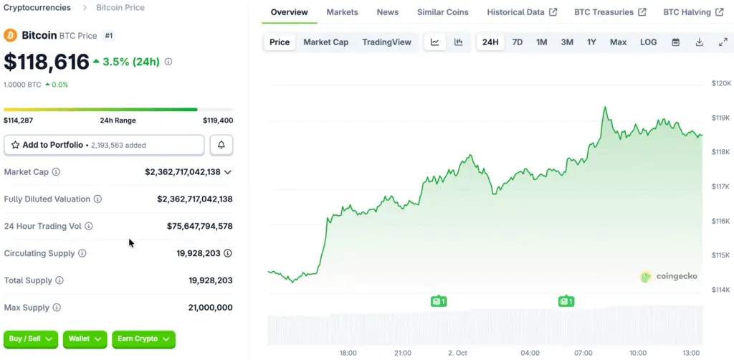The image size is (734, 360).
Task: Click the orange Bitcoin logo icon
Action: tap(10, 35)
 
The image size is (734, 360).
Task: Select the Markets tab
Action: tap(342, 12)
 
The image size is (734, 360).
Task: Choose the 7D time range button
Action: tap(517, 42)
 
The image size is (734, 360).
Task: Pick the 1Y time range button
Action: tap(591, 42)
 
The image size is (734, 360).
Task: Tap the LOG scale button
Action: tap(648, 42)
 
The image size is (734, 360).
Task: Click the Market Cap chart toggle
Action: tap(325, 42)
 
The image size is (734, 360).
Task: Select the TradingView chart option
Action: tap(386, 42)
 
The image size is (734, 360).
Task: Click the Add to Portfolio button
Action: tap(104, 145)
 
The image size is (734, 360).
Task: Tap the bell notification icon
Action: tap(221, 145)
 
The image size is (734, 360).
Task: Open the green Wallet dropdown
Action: tap(84, 338)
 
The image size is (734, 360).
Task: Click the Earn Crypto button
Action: tap(143, 338)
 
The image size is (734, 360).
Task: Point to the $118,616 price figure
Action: tap(47, 62)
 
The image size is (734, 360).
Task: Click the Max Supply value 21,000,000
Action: tap(209, 308)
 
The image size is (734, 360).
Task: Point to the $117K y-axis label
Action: tap(720, 186)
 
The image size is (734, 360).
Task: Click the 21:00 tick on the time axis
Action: tap(403, 353)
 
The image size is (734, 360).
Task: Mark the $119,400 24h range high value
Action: tap(218, 120)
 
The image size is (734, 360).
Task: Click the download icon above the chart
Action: tap(699, 42)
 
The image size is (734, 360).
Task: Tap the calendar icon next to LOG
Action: tap(675, 42)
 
